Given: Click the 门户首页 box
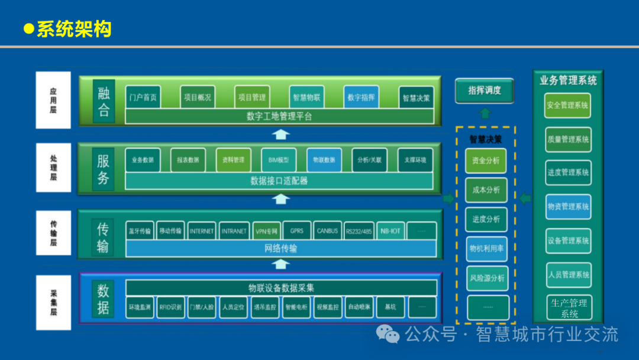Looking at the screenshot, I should (x=143, y=97).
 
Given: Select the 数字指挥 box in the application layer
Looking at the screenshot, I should (x=361, y=97).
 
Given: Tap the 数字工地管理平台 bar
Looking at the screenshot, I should (x=279, y=117).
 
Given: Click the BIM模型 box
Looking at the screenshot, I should (x=279, y=160).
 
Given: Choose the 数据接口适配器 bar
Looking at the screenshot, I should (x=279, y=181).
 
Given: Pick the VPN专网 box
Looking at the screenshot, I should (x=266, y=231).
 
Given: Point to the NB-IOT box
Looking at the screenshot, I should (x=390, y=231).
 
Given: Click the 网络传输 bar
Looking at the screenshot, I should (x=280, y=248).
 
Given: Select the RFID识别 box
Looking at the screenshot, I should (x=172, y=307).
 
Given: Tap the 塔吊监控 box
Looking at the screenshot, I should (x=265, y=307).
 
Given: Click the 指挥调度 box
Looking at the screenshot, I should (x=484, y=91).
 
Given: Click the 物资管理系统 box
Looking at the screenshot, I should (x=568, y=207).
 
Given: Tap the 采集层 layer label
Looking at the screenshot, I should (x=53, y=303).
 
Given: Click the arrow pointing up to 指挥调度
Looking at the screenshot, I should (x=485, y=113).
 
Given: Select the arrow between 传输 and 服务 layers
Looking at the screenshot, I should (x=281, y=198).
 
